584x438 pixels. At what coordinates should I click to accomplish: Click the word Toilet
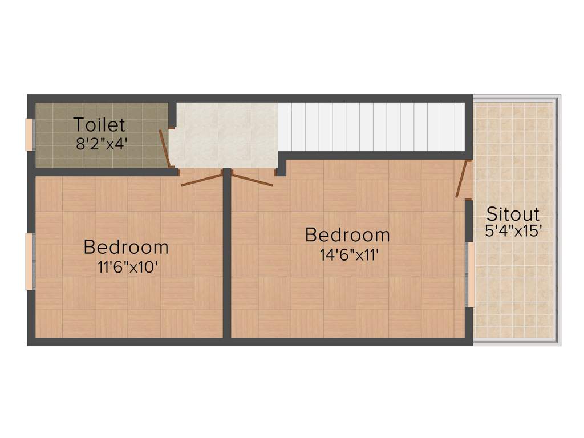pos(99,125)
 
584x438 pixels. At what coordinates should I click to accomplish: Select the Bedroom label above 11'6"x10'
pos(126,248)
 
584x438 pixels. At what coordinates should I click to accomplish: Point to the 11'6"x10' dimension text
pos(127,266)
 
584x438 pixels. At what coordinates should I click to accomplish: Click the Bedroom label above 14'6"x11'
pos(347,234)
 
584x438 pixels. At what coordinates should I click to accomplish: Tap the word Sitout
pos(513,214)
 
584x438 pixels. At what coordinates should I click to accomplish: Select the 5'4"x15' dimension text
pos(513,231)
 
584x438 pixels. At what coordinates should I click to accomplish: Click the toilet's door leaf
pos(165,149)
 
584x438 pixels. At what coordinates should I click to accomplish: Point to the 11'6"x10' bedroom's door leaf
pos(201,179)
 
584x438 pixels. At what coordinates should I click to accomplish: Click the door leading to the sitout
pos(462,179)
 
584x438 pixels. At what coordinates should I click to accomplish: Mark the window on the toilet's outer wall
pos(30,135)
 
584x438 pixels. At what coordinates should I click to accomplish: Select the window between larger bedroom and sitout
pos(471,274)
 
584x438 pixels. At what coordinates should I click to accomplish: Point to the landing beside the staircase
pos(225,134)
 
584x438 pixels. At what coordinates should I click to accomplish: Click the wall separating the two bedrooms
pos(226,257)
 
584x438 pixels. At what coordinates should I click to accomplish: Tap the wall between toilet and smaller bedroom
pos(103,172)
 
